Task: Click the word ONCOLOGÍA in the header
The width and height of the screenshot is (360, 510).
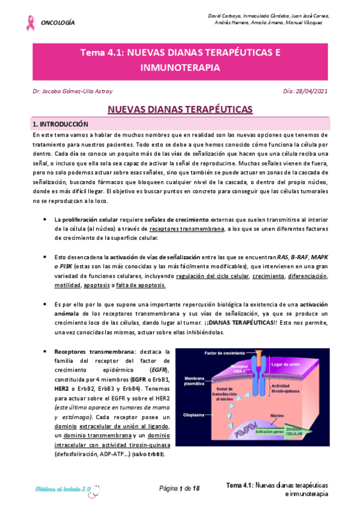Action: coord(58,23)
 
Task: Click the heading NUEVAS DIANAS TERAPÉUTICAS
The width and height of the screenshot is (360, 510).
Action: coord(180,109)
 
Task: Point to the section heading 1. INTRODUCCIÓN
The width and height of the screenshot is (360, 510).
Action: coord(60,124)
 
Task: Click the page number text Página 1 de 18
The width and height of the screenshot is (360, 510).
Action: coord(179,488)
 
